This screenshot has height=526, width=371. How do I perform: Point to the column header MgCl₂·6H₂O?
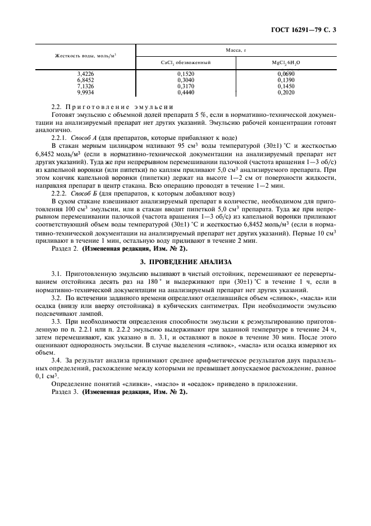(286, 62)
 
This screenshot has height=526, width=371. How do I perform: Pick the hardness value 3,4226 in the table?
(86, 74)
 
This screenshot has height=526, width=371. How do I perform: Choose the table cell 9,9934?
(86, 92)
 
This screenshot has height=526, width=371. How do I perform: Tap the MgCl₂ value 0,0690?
(286, 74)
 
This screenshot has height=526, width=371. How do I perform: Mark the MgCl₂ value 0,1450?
(286, 86)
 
